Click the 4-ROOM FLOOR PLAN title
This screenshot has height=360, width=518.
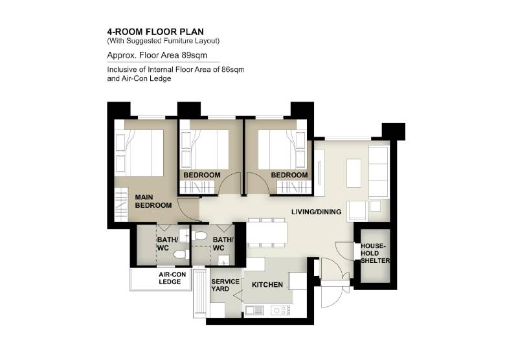click(x=155, y=32)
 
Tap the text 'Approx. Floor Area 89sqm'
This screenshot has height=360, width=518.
click(x=157, y=55)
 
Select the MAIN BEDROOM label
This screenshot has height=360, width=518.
click(x=153, y=201)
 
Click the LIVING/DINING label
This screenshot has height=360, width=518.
click(x=316, y=212)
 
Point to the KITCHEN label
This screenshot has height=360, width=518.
click(x=267, y=285)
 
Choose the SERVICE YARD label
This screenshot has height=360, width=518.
click(x=225, y=285)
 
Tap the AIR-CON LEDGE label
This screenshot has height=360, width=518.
click(x=172, y=278)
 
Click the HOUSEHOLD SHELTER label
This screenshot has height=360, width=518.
click(x=376, y=253)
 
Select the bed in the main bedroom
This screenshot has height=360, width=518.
click(x=139, y=153)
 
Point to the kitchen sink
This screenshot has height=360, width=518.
click(x=254, y=310)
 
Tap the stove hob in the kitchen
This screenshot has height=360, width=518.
click(x=280, y=310)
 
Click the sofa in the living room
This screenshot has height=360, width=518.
click(x=378, y=172)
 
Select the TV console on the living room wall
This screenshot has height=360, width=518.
click(x=319, y=174)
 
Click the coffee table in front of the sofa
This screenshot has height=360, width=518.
click(x=354, y=173)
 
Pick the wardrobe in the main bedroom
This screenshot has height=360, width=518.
click(x=121, y=205)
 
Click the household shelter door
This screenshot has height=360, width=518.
click(x=345, y=252)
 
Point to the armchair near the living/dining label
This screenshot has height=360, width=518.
click(x=357, y=210)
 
